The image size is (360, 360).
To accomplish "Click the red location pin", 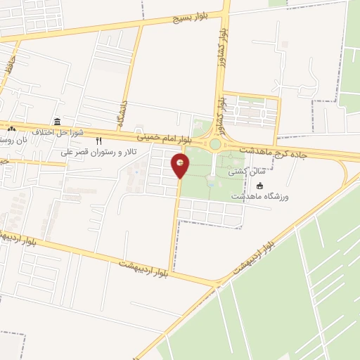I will pos(181,166).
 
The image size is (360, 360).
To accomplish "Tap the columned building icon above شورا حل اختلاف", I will pos(58,121).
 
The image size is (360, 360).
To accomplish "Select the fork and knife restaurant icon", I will pos(108,141).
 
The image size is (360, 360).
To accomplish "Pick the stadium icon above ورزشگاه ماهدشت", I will pos(260,186).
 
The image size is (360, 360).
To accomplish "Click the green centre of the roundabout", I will pos(214,144).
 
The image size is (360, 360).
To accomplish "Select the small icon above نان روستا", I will pos(11,129).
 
